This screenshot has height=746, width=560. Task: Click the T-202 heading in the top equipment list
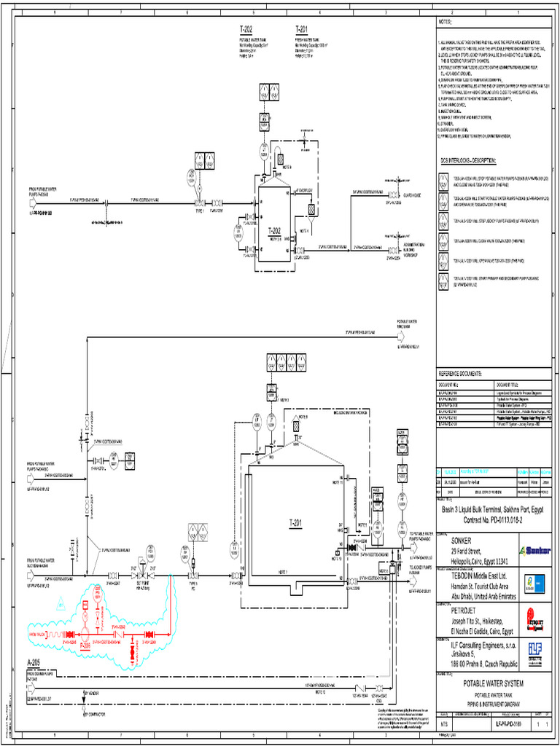coord(246,30)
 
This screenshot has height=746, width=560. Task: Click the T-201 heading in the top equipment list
coord(301,30)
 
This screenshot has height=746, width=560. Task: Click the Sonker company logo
coord(534,550)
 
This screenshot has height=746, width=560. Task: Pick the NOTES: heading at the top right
coord(446,22)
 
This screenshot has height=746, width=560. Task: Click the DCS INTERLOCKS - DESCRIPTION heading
coord(467,160)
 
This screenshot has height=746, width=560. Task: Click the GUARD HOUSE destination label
coord(413,195)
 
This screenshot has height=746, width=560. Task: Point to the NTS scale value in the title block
coord(444,726)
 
